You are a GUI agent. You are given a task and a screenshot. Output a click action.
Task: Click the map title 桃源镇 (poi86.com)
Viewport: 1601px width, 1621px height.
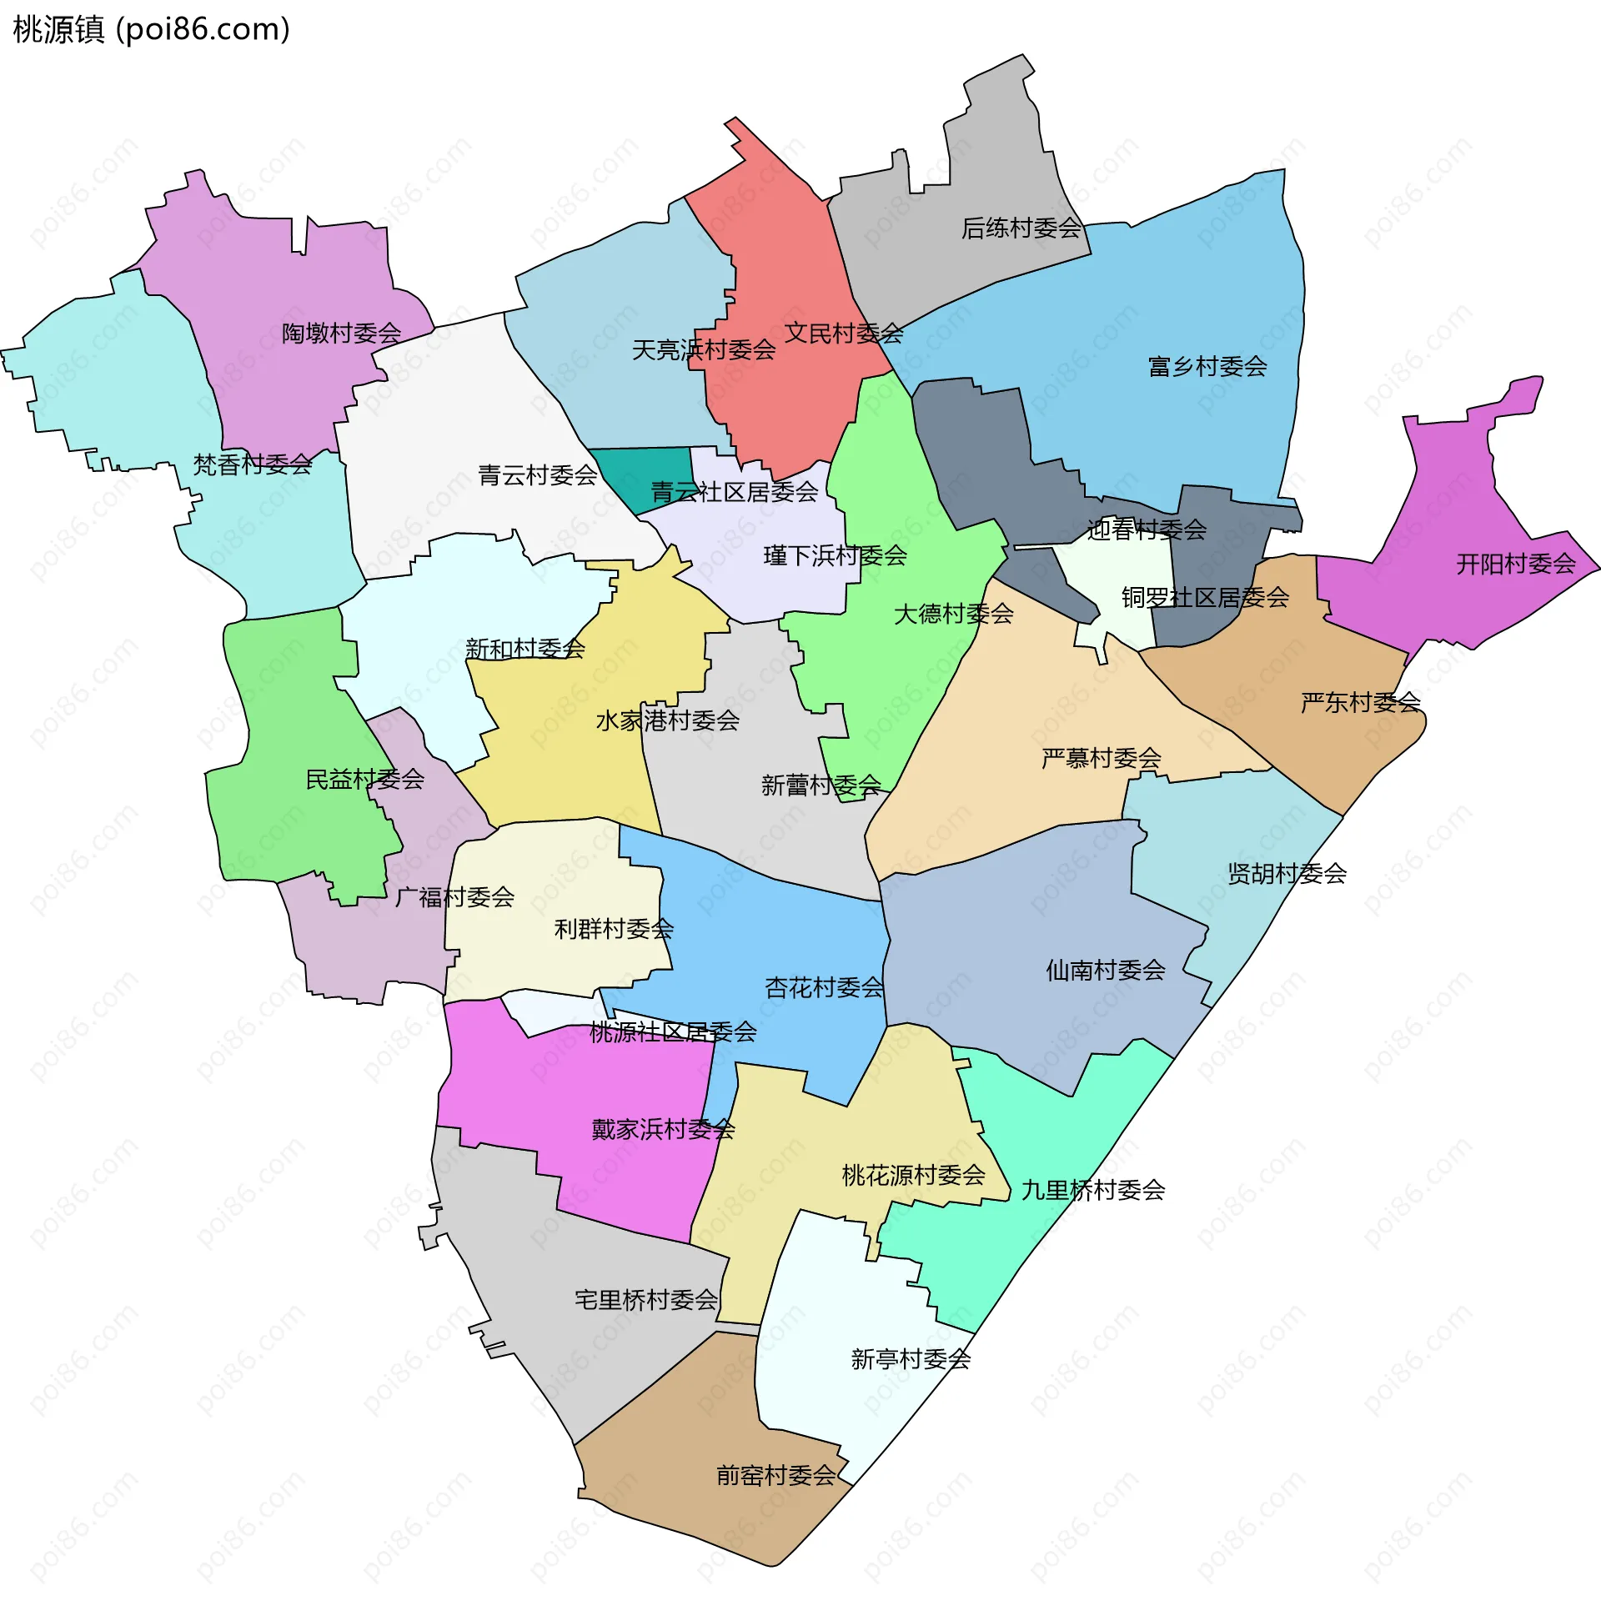pyautogui.click(x=152, y=29)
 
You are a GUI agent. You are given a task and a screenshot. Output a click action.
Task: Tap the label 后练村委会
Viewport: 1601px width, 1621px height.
pyautogui.click(x=1021, y=228)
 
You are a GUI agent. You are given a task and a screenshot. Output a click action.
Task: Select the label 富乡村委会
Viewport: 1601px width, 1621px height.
pyautogui.click(x=1207, y=366)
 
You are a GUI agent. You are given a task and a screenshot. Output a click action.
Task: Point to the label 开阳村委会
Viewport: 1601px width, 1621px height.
pyautogui.click(x=1515, y=564)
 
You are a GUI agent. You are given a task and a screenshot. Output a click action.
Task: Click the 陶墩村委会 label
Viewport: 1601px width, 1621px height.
pyautogui.click(x=342, y=333)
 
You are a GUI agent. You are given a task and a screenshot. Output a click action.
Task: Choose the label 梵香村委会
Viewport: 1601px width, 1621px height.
pyautogui.click(x=253, y=464)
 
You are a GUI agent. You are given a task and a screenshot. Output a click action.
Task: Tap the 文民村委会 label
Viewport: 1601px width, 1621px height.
pyautogui.click(x=843, y=333)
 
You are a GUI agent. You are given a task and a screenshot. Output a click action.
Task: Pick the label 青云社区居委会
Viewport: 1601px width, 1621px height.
pyautogui.click(x=735, y=492)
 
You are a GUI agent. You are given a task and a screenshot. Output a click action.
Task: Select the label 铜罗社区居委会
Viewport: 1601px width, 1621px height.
pyautogui.click(x=1205, y=597)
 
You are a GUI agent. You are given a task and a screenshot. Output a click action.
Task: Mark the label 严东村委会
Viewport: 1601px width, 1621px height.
pyautogui.click(x=1360, y=702)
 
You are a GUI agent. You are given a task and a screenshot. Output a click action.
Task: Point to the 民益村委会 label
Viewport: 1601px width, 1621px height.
pyautogui.click(x=365, y=780)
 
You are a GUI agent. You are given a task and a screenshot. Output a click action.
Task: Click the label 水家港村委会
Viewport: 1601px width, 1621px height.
pyautogui.click(x=667, y=720)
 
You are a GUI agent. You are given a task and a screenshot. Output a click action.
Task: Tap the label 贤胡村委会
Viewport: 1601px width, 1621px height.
pyautogui.click(x=1287, y=873)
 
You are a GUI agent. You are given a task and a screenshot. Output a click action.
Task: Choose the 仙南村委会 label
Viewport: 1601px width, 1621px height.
pyautogui.click(x=1105, y=970)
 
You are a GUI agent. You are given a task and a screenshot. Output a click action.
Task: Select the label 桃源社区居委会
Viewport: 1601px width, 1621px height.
pyautogui.click(x=673, y=1032)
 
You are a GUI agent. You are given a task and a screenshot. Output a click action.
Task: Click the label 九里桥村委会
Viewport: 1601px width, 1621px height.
pyautogui.click(x=1092, y=1190)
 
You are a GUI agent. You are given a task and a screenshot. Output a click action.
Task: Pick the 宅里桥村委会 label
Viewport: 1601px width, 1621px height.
pyautogui.click(x=646, y=1300)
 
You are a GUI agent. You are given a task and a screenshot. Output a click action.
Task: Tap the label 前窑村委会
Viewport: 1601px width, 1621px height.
pyautogui.click(x=776, y=1475)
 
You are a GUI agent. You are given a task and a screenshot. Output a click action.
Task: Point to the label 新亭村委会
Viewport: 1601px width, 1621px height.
pyautogui.click(x=911, y=1358)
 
